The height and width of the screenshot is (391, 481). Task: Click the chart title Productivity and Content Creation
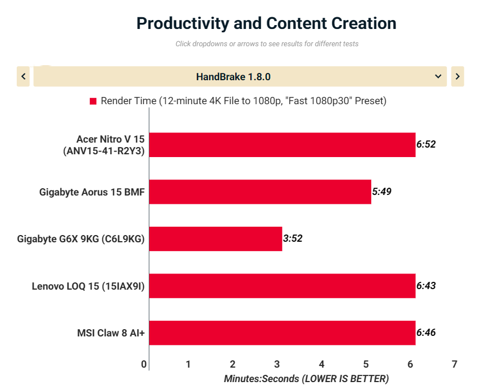[x=266, y=23]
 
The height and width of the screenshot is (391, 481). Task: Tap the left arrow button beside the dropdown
[x=23, y=76]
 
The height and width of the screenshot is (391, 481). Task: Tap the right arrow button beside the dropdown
[x=457, y=76]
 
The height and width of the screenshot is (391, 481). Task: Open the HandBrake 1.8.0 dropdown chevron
[x=438, y=76]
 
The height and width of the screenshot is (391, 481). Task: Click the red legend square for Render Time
[x=93, y=101]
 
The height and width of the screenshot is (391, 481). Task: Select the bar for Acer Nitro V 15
[x=282, y=145]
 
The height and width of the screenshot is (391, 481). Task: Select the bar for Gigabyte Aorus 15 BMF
[x=260, y=192]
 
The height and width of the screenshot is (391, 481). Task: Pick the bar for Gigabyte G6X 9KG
[x=215, y=239]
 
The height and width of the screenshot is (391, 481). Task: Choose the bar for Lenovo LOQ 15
[x=282, y=286]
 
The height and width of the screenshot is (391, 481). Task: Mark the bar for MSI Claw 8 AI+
[x=282, y=333]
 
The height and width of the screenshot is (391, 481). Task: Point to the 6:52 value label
[x=426, y=144]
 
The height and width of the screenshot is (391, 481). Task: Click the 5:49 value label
[x=382, y=192]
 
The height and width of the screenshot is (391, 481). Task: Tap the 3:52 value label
[x=293, y=239]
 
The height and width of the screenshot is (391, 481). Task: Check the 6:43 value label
[x=426, y=286]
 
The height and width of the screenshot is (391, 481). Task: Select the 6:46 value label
[x=426, y=333]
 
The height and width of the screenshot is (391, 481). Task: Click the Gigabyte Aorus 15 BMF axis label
[x=92, y=192]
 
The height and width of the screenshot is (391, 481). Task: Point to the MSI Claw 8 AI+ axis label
[x=111, y=334]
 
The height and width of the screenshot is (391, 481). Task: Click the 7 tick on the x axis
[x=455, y=364]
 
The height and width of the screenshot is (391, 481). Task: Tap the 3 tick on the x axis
[x=277, y=364]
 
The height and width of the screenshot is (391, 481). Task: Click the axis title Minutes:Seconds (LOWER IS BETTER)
[x=306, y=379]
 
